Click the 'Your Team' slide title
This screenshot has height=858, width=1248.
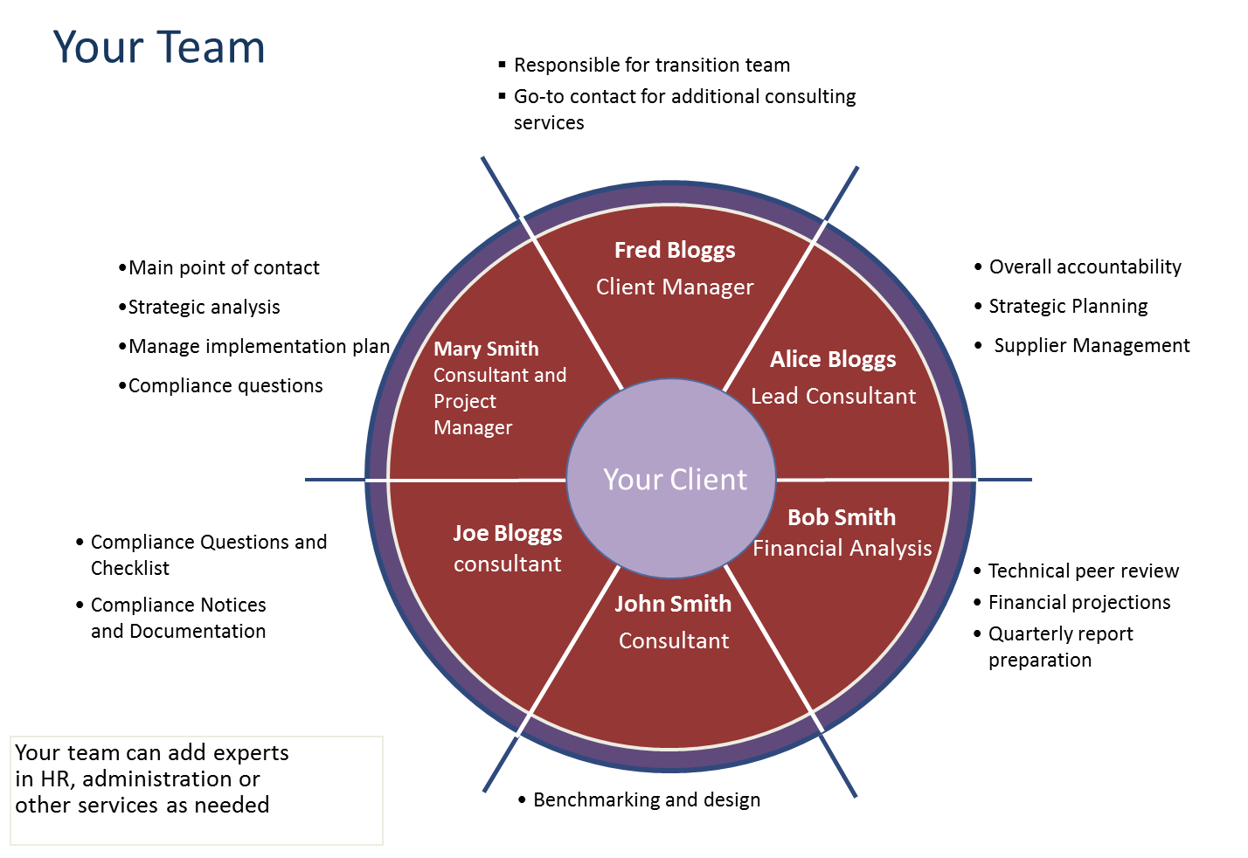tap(158, 47)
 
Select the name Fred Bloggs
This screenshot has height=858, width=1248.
tap(675, 251)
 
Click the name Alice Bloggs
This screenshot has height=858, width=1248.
tap(833, 360)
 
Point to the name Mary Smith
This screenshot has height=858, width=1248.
tap(486, 349)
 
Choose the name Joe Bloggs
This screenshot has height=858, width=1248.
tap(507, 534)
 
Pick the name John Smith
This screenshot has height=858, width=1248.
tap(673, 604)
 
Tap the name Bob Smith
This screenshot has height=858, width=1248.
tap(842, 517)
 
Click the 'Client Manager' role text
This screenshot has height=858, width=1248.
tap(675, 287)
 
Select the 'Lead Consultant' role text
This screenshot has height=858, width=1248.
tap(833, 397)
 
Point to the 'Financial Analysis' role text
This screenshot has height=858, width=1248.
tap(842, 549)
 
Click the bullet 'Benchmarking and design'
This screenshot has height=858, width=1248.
tap(647, 800)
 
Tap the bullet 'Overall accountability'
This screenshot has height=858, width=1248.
tap(1085, 267)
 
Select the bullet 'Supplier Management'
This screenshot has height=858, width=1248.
tap(1092, 346)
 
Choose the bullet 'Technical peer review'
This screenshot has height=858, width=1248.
tap(1084, 571)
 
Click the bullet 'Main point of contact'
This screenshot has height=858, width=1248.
tap(224, 268)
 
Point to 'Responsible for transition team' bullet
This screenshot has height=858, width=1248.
tap(652, 66)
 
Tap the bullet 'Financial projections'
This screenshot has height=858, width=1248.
tap(1079, 603)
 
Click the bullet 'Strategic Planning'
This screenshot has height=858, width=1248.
tap(1068, 307)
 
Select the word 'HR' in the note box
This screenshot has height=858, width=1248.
tap(55, 779)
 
